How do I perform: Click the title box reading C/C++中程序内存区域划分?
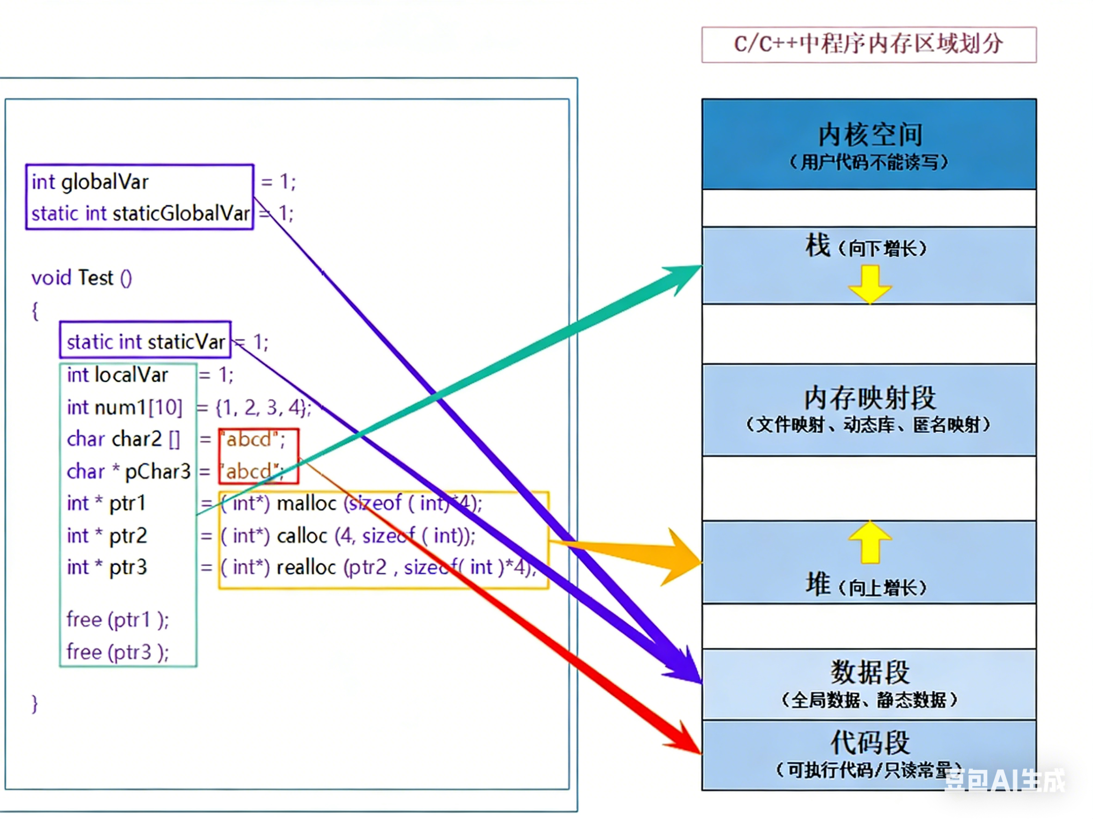pyautogui.click(x=869, y=44)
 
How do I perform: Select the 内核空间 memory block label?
pyautogui.click(x=870, y=135)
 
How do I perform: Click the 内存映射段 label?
pyautogui.click(x=870, y=398)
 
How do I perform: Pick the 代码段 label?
pyautogui.click(x=870, y=742)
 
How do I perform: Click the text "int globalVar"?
pyautogui.click(x=90, y=182)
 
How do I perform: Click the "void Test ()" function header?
pyautogui.click(x=81, y=278)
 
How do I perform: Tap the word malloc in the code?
pyautogui.click(x=307, y=504)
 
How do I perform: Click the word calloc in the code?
pyautogui.click(x=302, y=536)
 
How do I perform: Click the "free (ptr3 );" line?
pyautogui.click(x=117, y=652)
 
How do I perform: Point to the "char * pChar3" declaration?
pyautogui.click(x=129, y=472)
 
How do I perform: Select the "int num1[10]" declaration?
pyautogui.click(x=124, y=408)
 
